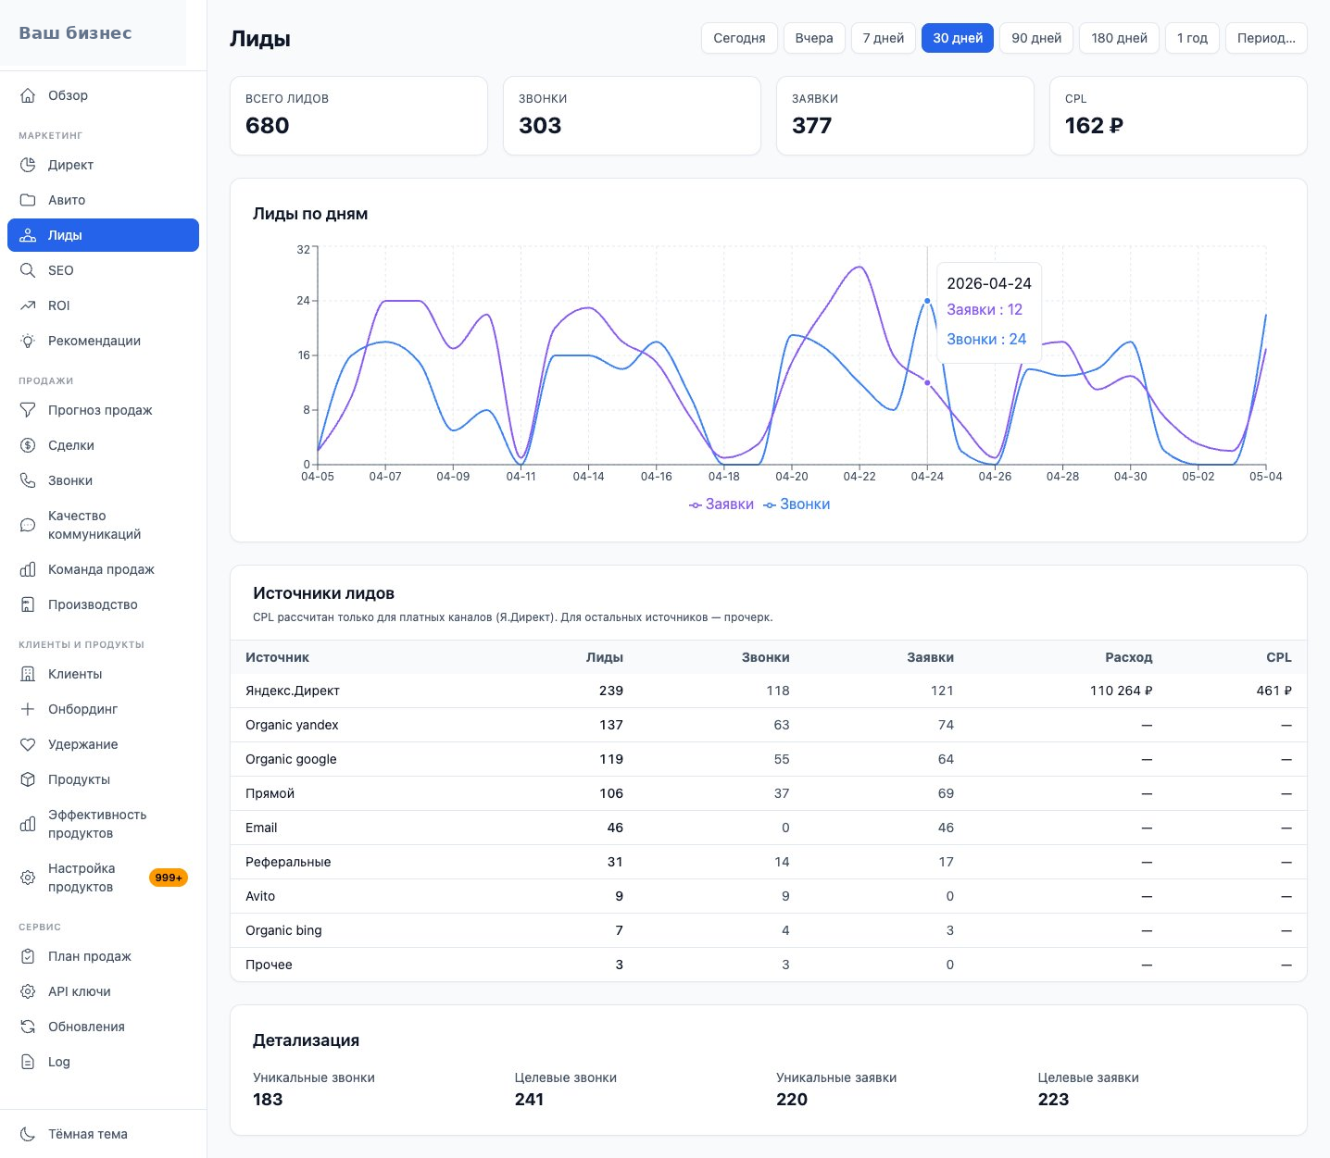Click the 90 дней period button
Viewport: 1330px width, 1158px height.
[1036, 38]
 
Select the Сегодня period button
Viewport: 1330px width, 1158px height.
[739, 38]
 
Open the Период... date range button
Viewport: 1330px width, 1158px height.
[1266, 38]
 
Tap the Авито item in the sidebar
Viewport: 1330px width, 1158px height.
[104, 200]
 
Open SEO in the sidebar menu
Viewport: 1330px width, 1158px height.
[104, 270]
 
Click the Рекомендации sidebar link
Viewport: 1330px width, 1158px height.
[104, 341]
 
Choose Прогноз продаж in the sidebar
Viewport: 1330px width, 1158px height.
[104, 410]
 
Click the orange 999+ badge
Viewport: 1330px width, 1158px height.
[169, 878]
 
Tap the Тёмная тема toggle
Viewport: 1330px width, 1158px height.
[104, 1134]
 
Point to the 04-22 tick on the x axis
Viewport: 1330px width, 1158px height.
[859, 476]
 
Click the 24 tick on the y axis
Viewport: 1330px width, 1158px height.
[303, 300]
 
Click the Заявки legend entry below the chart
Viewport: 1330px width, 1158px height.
[721, 504]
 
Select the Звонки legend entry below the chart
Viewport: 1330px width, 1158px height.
[797, 504]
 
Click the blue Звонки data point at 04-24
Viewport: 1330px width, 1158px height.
[927, 301]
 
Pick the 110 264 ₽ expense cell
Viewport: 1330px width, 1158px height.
[1121, 691]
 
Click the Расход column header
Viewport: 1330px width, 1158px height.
[1128, 657]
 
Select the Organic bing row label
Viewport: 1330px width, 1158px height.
[283, 930]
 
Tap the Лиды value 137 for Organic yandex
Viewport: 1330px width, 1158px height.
[611, 725]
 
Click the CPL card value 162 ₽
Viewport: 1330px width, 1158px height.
[1094, 125]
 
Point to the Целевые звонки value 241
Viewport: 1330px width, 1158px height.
[529, 1099]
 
